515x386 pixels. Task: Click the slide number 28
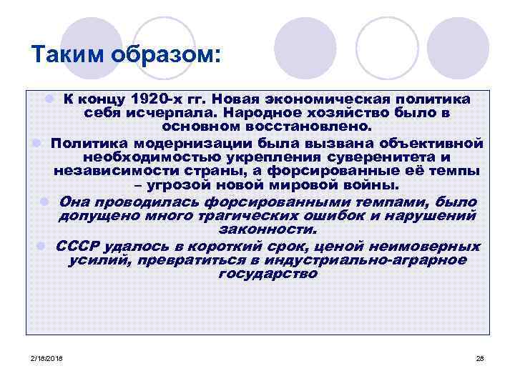coord(480,357)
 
